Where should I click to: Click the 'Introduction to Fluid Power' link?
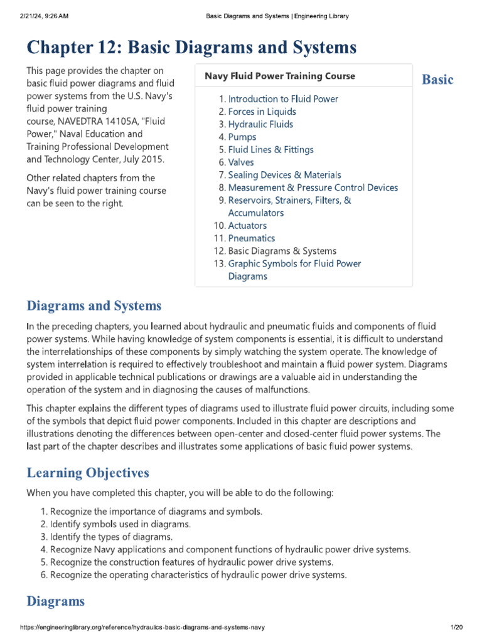[x=283, y=99]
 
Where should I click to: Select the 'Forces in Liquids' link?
[x=262, y=112]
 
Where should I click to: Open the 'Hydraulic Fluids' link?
[x=260, y=124]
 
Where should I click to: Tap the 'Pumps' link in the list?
[x=242, y=137]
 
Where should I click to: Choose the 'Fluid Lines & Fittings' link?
[x=270, y=150]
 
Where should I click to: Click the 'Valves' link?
[x=241, y=162]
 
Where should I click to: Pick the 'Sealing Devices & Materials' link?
[x=284, y=175]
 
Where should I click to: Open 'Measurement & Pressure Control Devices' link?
[x=313, y=187]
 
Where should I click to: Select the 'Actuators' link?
[x=247, y=226]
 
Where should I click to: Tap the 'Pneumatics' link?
[x=252, y=238]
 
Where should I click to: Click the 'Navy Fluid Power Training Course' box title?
[x=280, y=76]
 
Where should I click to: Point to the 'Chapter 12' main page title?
[x=191, y=47]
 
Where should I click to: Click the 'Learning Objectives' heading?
[x=88, y=472]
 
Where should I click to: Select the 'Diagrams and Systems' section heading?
[x=94, y=306]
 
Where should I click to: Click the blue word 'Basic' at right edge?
[x=437, y=80]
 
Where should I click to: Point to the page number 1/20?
[x=456, y=628]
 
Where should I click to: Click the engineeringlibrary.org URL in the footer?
[x=143, y=628]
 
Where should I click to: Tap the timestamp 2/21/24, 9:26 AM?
[x=44, y=16]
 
